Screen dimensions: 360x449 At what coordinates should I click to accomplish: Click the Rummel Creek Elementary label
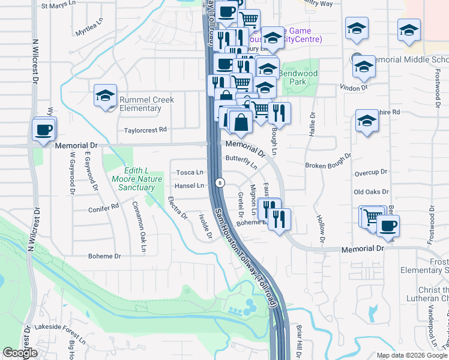(x=140, y=104)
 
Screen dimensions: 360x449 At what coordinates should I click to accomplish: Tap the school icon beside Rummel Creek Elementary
(x=105, y=95)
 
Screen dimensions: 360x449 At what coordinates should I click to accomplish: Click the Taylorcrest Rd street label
(x=145, y=130)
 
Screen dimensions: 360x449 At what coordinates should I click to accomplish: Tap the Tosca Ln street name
(x=190, y=172)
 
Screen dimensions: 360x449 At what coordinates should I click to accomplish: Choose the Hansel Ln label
(x=190, y=185)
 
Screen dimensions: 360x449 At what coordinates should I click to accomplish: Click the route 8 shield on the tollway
(x=221, y=182)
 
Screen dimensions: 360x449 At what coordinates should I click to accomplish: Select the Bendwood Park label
(x=298, y=77)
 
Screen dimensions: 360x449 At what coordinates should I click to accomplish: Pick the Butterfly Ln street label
(x=241, y=161)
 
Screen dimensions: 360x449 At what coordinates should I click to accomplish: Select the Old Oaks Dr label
(x=372, y=192)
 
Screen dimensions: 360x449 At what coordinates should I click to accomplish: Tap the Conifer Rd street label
(x=103, y=208)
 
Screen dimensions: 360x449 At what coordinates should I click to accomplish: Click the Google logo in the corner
(x=20, y=353)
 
